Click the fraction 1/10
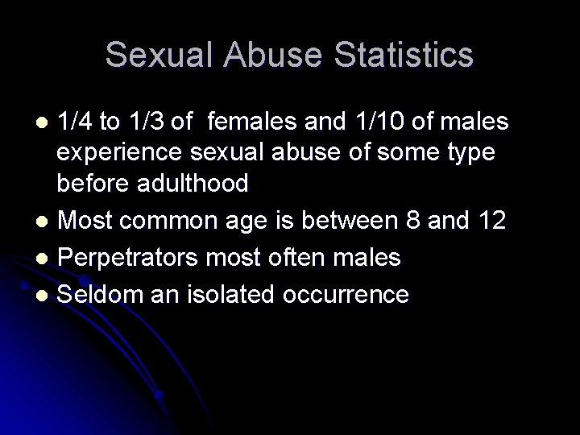[x=381, y=122]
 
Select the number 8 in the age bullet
[x=434, y=221]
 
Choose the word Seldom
[x=96, y=295]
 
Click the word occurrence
[x=346, y=295]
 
